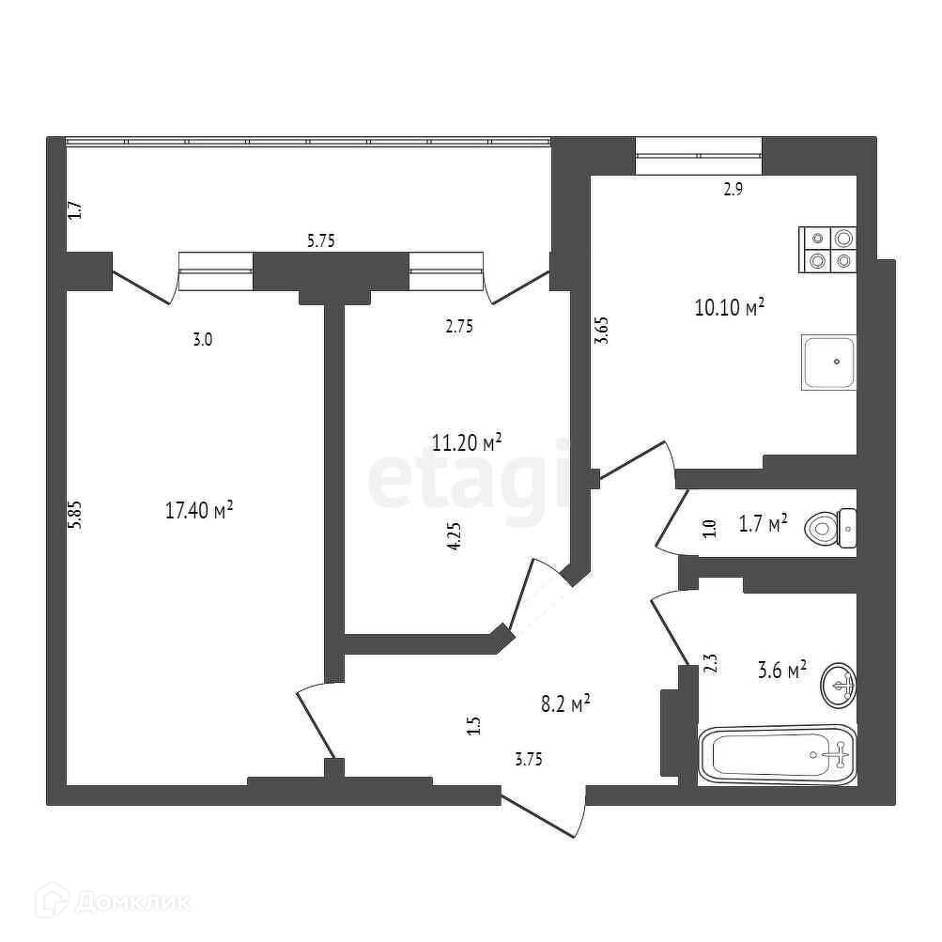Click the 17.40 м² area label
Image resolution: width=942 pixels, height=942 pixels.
(198, 511)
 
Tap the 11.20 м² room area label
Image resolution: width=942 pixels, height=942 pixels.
(466, 441)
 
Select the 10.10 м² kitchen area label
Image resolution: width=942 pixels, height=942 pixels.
(729, 307)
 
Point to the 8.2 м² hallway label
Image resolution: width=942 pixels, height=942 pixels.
(565, 703)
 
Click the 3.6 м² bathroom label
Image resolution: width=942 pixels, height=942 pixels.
(782, 670)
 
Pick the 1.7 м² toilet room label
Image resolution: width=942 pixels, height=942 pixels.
(764, 523)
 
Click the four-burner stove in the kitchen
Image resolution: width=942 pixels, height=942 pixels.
(828, 251)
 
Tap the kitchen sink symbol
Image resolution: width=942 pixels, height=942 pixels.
(828, 362)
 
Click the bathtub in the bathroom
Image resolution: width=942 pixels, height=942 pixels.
(778, 754)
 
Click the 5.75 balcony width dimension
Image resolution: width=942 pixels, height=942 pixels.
(321, 240)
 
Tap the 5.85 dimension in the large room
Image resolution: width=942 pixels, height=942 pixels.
(77, 515)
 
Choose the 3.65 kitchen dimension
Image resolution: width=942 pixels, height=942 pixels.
(604, 332)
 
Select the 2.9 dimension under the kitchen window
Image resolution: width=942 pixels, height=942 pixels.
(733, 189)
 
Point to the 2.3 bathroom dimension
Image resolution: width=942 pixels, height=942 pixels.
(710, 664)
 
